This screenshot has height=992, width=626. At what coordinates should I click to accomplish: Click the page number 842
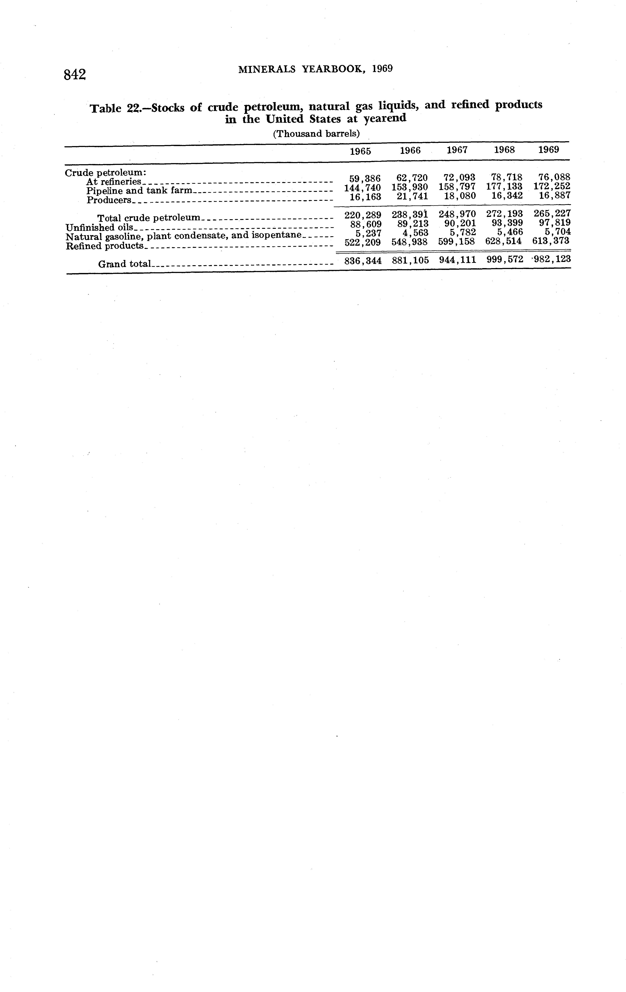75,75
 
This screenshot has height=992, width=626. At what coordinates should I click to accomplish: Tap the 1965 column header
360,151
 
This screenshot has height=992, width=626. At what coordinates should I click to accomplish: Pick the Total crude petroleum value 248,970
457,214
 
